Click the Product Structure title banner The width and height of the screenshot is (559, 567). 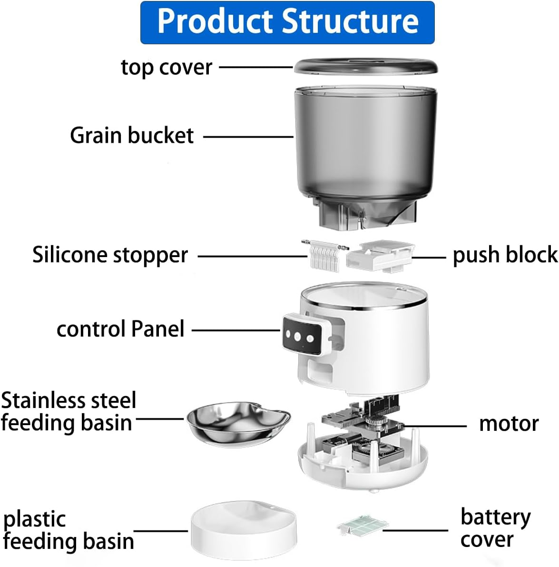tap(287, 22)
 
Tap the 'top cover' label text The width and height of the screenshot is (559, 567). tap(166, 67)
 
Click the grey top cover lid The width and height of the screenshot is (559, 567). tap(365, 66)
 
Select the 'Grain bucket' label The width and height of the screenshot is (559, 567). tap(132, 136)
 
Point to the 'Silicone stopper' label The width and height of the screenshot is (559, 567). tap(110, 255)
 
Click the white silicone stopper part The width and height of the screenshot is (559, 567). tap(324, 256)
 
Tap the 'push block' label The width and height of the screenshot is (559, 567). tap(504, 255)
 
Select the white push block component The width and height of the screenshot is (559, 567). tap(380, 256)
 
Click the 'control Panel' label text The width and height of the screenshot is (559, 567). tap(120, 329)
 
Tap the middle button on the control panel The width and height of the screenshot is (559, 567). tap(298, 337)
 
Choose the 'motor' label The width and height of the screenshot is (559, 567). tap(509, 423)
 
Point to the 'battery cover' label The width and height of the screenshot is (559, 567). tap(495, 527)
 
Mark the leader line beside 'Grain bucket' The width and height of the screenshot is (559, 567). tap(248, 137)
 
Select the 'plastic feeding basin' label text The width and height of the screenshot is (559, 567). tap(68, 530)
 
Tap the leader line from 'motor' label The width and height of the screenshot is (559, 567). tap(435, 426)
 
